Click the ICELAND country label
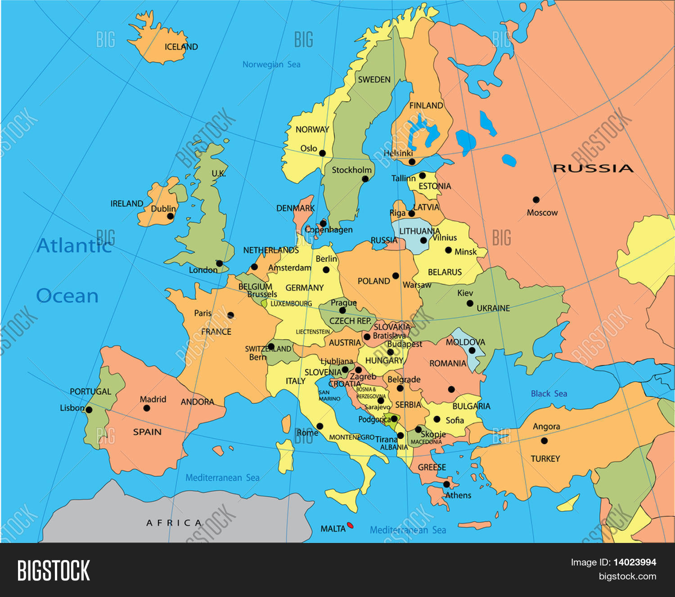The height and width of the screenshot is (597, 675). click(x=181, y=47)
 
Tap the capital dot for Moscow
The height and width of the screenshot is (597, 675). click(x=536, y=200)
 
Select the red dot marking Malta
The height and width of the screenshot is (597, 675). click(x=350, y=525)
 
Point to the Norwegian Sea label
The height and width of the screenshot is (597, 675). click(x=271, y=64)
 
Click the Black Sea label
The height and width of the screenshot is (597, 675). click(x=549, y=394)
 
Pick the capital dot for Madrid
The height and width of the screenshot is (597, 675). click(x=147, y=408)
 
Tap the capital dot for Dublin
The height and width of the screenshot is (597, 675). click(x=170, y=216)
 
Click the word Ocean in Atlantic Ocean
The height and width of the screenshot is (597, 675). click(x=67, y=296)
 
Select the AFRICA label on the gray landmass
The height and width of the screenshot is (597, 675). click(x=174, y=523)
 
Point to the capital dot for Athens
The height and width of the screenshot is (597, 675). click(x=446, y=484)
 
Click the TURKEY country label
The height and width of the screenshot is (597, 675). click(x=545, y=459)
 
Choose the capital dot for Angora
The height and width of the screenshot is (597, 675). click(x=544, y=441)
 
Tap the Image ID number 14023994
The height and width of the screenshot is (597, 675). click(x=634, y=562)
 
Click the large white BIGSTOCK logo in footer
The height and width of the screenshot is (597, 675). click(x=54, y=570)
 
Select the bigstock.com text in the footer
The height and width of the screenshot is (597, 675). click(x=627, y=576)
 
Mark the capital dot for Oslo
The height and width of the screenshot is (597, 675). click(x=322, y=153)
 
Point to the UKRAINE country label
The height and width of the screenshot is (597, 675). click(x=493, y=308)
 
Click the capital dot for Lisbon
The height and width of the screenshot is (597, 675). click(x=89, y=410)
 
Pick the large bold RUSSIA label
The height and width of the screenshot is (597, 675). click(x=593, y=169)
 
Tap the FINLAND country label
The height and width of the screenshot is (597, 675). click(x=426, y=105)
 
